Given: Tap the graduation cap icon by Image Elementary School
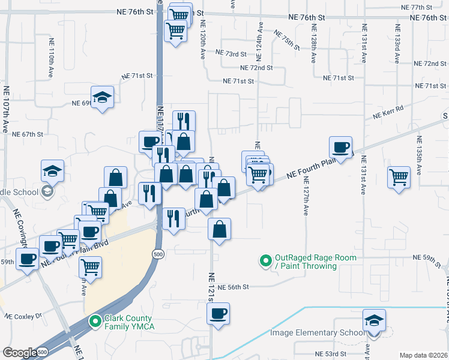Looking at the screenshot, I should coord(374,321).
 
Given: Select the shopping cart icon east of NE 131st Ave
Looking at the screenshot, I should coord(399,178).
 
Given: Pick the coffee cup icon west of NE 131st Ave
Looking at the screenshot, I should coord(341,148).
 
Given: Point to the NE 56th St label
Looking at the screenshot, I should coord(233,287).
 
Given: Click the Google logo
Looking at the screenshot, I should coord(19,353).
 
